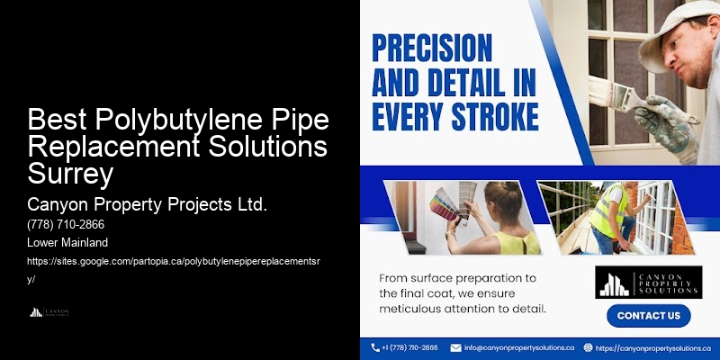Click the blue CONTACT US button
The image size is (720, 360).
[x=648, y=316]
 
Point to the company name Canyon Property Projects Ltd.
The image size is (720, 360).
[x=148, y=205]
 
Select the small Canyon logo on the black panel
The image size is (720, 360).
[x=49, y=312]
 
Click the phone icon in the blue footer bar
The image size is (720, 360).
[x=375, y=347]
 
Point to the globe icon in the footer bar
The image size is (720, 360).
[x=588, y=347]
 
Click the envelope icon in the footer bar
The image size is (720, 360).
[x=456, y=347]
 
